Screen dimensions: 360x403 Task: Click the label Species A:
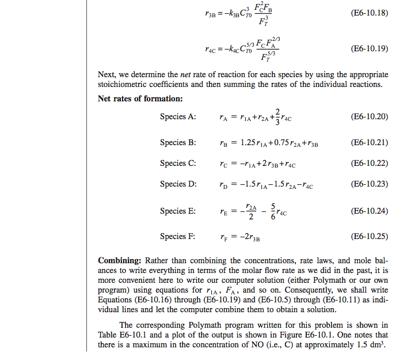178,116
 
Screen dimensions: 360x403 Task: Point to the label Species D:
178,184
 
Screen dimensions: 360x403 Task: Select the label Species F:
177,236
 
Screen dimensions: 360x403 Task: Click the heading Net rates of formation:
140,98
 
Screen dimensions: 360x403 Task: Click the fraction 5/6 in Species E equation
273,211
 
